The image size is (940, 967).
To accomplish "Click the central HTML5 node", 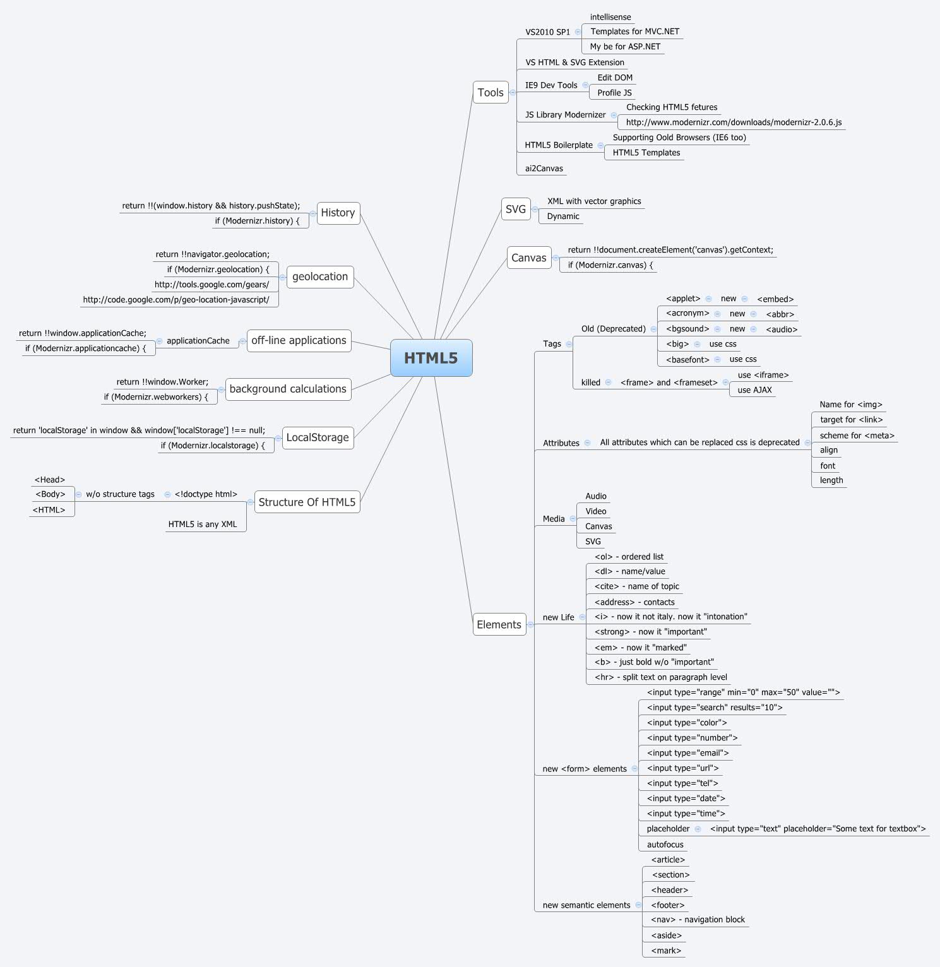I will (x=431, y=358).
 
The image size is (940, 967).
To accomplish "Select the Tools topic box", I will (x=491, y=93).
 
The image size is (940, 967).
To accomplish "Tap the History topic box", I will (x=338, y=213).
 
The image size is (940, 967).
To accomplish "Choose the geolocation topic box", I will (x=319, y=276).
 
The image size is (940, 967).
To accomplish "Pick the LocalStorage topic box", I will (x=317, y=437).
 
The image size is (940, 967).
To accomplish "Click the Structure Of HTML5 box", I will (x=307, y=502).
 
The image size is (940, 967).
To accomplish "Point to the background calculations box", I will (x=288, y=389).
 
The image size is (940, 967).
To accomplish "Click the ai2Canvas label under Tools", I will (x=544, y=169).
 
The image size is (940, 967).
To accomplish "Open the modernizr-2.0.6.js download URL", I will (x=734, y=122).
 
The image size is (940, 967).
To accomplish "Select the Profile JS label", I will (x=614, y=93).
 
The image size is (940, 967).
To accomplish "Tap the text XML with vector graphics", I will (x=594, y=201).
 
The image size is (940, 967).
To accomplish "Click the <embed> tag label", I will (x=775, y=299).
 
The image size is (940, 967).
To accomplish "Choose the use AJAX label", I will (x=754, y=390).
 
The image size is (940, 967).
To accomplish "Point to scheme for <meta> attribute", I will (x=857, y=436).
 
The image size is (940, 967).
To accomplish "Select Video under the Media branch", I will (x=595, y=511).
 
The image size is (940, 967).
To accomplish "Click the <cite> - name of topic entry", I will (x=636, y=586).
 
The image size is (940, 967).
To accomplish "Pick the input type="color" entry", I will (x=687, y=723).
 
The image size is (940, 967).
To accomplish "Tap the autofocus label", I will (x=665, y=845).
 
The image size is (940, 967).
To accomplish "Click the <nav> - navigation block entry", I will (x=698, y=920).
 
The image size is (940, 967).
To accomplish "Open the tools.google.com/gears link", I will (x=211, y=285).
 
